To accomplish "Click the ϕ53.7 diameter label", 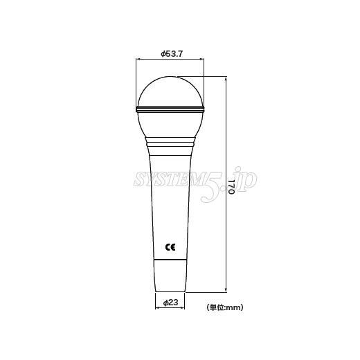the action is click(172, 54).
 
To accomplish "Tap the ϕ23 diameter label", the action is click(170, 303).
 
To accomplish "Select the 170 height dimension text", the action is click(232, 184).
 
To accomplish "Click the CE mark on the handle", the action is click(170, 247).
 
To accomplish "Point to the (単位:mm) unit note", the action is click(225, 307).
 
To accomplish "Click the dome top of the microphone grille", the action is click(170, 91).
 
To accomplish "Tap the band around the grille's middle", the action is click(170, 109).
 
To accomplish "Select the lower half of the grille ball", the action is click(170, 125).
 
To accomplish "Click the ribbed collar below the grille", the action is click(170, 146).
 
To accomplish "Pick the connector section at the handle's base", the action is click(170, 276).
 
